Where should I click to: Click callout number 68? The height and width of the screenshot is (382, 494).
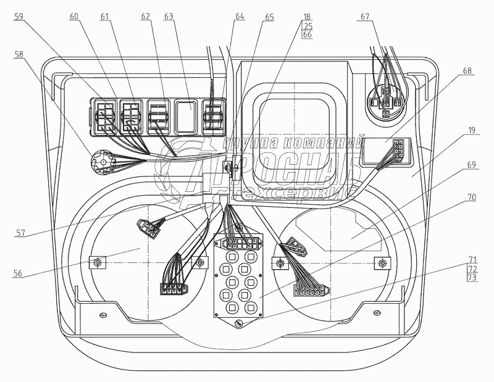click(x=467, y=71)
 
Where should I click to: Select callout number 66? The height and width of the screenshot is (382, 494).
click(x=308, y=35)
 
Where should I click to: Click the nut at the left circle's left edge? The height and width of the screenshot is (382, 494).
click(x=98, y=262)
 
